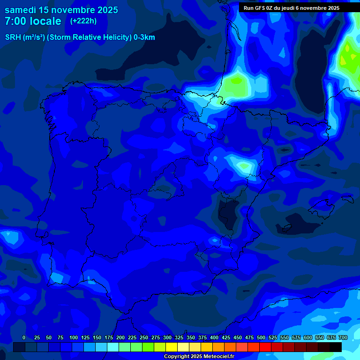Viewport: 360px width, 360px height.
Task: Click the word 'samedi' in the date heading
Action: (20, 10)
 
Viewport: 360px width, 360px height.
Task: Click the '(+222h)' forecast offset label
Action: (83, 21)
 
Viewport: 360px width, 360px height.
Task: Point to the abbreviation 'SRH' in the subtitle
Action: (13, 37)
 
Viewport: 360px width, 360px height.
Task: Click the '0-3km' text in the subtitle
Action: (144, 37)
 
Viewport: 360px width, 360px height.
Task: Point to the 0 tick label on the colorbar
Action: (24, 338)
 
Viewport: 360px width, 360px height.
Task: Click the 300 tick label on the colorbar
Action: (167, 338)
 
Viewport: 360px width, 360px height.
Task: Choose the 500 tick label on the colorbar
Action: (261, 338)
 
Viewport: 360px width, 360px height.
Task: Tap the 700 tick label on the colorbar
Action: (343, 338)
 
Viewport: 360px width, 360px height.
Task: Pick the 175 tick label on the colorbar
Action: (109, 338)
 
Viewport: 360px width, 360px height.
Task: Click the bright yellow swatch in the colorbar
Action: (172, 347)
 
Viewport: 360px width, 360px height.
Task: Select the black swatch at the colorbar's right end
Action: (336, 347)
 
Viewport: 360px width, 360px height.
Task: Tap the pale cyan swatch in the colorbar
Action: (113, 347)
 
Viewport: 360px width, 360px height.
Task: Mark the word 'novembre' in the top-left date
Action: (73, 10)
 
